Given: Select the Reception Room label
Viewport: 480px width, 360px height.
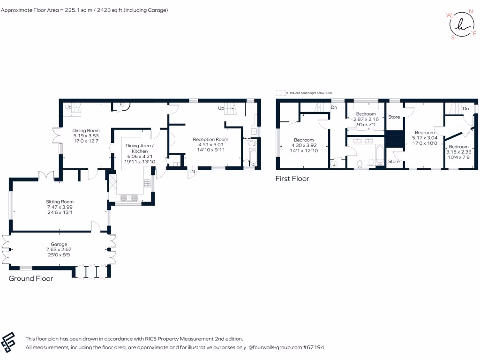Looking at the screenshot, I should click(x=210, y=139).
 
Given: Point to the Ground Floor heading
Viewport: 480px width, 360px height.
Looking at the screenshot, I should click(x=31, y=278).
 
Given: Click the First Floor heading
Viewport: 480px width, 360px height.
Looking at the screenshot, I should click(x=292, y=179).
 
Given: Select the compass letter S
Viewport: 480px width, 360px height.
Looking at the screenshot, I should click(x=453, y=38).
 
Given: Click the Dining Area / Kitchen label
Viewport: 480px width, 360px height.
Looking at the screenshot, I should click(x=140, y=149).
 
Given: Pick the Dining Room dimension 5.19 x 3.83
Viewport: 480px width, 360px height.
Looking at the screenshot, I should click(x=86, y=136).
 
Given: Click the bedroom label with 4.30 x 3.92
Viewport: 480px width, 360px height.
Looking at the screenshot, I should click(x=304, y=140).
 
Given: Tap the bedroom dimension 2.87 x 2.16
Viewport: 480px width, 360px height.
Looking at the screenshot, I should click(x=366, y=120).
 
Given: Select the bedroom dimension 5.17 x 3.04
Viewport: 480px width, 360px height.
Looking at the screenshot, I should click(x=425, y=138).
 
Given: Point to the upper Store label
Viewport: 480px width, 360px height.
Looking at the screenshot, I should click(x=394, y=117).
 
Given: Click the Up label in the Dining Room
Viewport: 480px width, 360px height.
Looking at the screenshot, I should click(x=68, y=106).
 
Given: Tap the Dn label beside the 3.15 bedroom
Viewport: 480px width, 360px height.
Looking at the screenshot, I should click(x=465, y=109).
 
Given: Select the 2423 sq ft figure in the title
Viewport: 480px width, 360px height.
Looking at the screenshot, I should click(x=110, y=10).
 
